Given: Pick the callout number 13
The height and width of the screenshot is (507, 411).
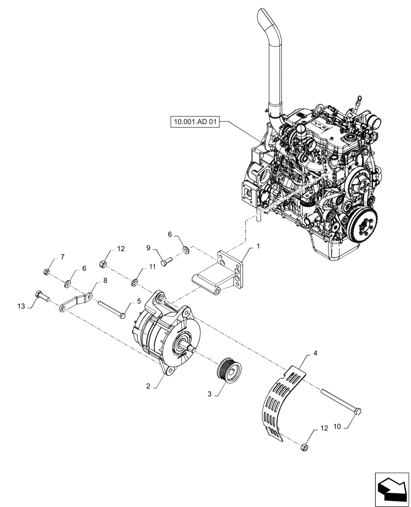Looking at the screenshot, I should pos(21,306).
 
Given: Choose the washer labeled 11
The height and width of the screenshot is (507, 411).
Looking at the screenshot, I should pos(136,281).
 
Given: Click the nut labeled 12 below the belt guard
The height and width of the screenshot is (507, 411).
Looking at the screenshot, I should pos(305,447).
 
